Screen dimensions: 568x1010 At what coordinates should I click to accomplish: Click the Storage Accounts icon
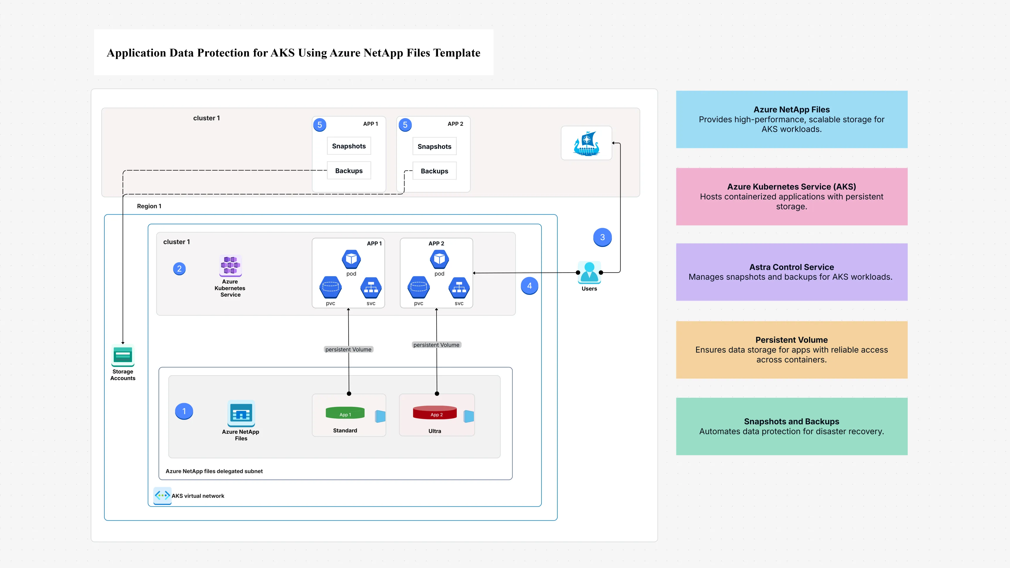pyautogui.click(x=123, y=355)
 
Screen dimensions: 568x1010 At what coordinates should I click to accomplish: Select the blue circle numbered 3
pyautogui.click(x=602, y=237)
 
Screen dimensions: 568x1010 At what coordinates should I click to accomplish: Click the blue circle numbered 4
pyautogui.click(x=529, y=286)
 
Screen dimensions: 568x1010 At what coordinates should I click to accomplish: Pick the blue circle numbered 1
pyautogui.click(x=184, y=411)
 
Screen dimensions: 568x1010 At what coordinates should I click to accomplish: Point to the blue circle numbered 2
pyautogui.click(x=179, y=269)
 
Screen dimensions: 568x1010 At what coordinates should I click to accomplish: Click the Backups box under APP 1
pyautogui.click(x=349, y=171)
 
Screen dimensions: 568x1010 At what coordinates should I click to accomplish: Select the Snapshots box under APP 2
pyautogui.click(x=434, y=146)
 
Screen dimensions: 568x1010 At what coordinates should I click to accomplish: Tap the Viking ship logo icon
pyautogui.click(x=586, y=143)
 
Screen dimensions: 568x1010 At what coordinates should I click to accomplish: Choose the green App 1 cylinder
pyautogui.click(x=345, y=413)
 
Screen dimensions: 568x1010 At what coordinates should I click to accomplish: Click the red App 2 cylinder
pyautogui.click(x=434, y=413)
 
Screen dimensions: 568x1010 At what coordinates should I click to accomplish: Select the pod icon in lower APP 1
pyautogui.click(x=351, y=259)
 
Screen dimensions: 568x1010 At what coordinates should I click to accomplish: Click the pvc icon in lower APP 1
pyautogui.click(x=330, y=288)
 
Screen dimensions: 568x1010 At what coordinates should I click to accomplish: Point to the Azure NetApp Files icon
pyautogui.click(x=241, y=413)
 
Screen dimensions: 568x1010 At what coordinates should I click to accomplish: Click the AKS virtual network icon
pyautogui.click(x=162, y=495)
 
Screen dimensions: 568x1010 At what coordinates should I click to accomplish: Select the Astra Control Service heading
pyautogui.click(x=791, y=267)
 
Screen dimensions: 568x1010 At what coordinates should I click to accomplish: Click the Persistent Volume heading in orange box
pyautogui.click(x=791, y=340)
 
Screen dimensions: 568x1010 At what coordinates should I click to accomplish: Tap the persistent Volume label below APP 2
pyautogui.click(x=436, y=345)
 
